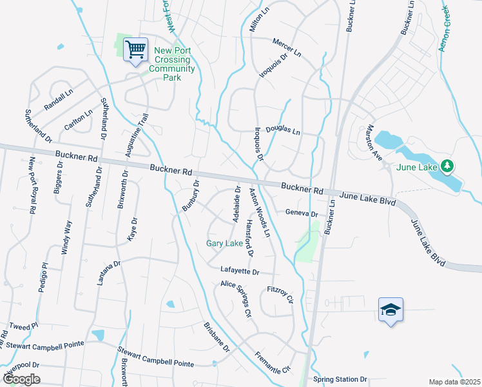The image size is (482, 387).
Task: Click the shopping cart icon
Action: coord(135,49)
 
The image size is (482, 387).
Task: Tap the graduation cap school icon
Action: coord(391,310)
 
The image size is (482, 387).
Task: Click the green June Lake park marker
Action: coord(447,166)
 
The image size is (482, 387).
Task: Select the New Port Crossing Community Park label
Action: coord(172,64)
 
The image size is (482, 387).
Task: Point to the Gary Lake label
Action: coord(224,243)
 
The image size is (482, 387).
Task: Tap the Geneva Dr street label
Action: coord(302,213)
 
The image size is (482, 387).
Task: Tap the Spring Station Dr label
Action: coord(340,379)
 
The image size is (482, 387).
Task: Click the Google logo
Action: coord(22,379)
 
